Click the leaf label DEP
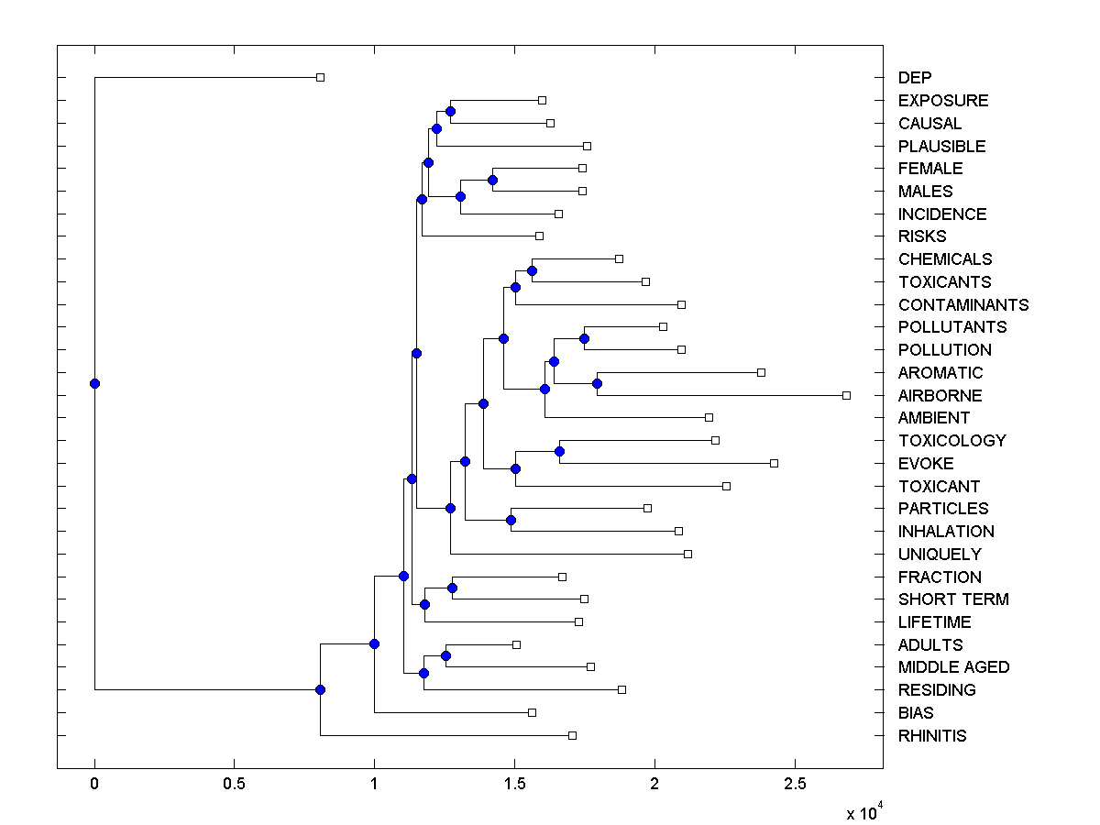click(x=915, y=78)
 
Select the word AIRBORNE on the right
click(x=940, y=395)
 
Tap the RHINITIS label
click(x=932, y=735)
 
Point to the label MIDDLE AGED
click(x=953, y=667)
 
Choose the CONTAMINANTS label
click(x=963, y=304)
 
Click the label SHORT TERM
click(x=953, y=599)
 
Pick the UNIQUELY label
click(x=940, y=554)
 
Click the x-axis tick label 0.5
click(x=234, y=784)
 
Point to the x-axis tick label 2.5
click(x=795, y=784)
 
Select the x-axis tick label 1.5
click(x=514, y=784)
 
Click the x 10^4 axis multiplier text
click(x=864, y=812)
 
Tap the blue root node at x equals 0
click(x=94, y=383)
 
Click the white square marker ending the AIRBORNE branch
click(x=846, y=395)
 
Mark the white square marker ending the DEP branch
click(x=320, y=78)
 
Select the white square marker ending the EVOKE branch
click(x=774, y=463)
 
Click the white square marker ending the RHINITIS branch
click(x=572, y=735)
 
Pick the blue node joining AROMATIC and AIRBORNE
click(x=597, y=383)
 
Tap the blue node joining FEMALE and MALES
click(x=492, y=180)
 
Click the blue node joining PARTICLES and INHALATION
click(x=511, y=520)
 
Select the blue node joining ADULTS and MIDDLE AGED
click(x=445, y=655)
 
